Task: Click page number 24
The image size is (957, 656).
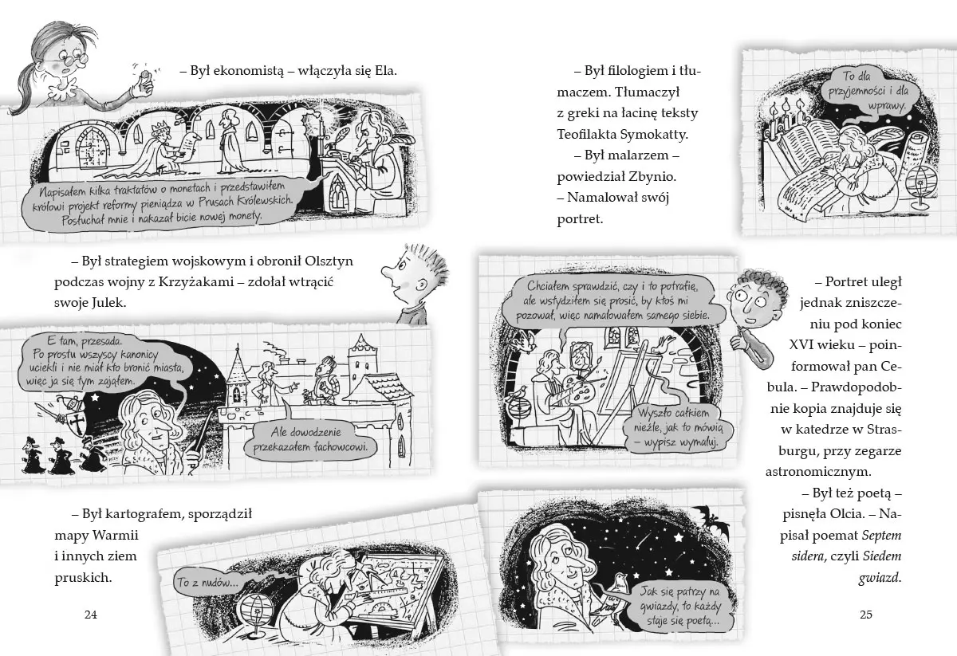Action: pos(91,615)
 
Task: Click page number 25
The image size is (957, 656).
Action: pos(866,615)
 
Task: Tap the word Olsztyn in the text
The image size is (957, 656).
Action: pos(329,261)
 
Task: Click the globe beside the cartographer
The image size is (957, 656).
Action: pos(256,610)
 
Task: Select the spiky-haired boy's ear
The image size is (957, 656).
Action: pos(422,285)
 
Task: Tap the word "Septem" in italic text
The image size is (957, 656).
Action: pos(882,536)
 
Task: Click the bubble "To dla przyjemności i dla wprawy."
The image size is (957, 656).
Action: pos(868,91)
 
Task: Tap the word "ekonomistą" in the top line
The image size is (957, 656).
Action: pos(248,71)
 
